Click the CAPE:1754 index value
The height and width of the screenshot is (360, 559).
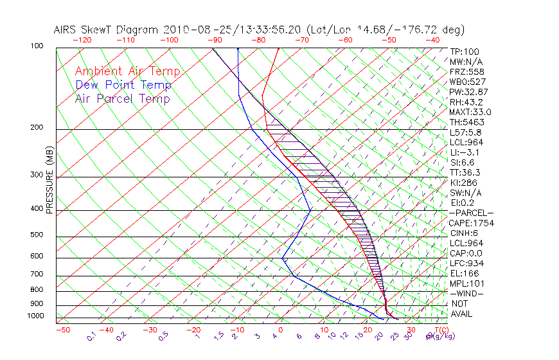pyautogui.click(x=471, y=223)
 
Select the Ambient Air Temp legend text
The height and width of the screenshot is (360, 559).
pyautogui.click(x=127, y=72)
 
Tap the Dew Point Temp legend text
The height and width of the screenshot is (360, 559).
pyautogui.click(x=123, y=85)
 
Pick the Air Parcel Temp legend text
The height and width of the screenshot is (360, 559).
pyautogui.click(x=122, y=99)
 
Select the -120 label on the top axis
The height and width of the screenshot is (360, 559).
pyautogui.click(x=82, y=40)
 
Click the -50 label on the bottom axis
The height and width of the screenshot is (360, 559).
pyautogui.click(x=62, y=330)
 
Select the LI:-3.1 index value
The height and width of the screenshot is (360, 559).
pyautogui.click(x=464, y=152)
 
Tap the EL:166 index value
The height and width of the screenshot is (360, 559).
pyautogui.click(x=464, y=273)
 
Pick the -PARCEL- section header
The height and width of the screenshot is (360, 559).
pyautogui.click(x=471, y=213)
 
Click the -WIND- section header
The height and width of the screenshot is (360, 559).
pyautogui.click(x=467, y=293)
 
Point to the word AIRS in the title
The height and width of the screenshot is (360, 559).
pyautogui.click(x=66, y=30)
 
